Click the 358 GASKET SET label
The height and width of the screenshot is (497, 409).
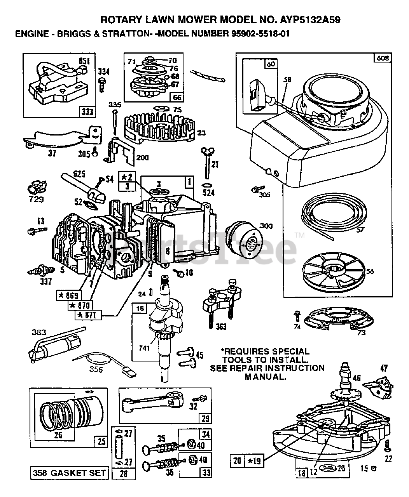(69, 473)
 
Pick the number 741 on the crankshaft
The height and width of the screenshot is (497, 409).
(144, 348)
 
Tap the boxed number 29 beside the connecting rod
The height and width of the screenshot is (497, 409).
(205, 418)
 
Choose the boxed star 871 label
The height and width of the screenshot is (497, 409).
(89, 315)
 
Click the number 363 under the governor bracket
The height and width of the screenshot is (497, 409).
(221, 327)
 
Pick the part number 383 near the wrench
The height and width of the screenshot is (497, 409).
(39, 332)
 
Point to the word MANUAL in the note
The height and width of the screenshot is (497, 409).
(264, 376)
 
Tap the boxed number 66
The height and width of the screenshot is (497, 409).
(177, 97)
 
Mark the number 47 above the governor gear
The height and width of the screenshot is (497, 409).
(384, 369)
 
